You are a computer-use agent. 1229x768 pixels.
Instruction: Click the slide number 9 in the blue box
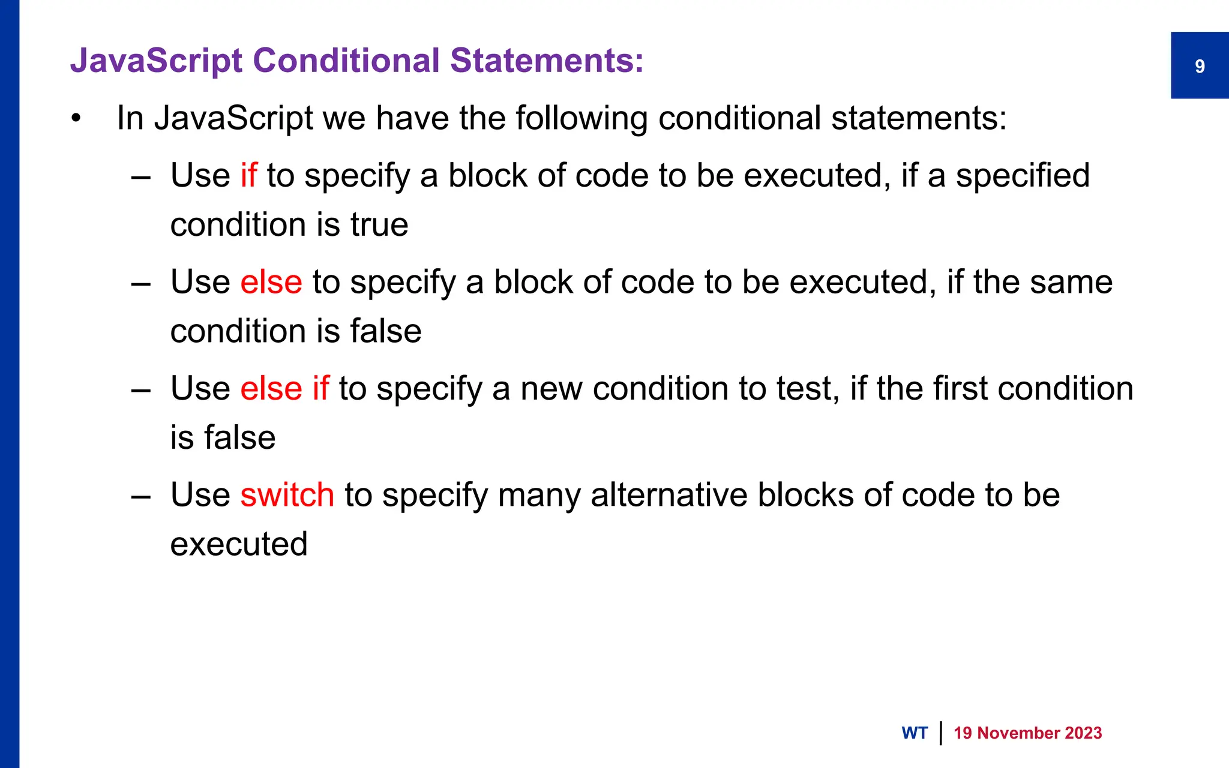click(1200, 66)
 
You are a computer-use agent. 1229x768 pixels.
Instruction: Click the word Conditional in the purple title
click(346, 61)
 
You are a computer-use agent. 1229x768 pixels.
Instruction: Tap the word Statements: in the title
click(547, 61)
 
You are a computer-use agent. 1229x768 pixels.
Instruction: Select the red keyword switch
click(287, 495)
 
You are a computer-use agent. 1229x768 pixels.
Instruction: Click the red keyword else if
click(284, 388)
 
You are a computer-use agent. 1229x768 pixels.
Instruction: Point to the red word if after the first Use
click(248, 175)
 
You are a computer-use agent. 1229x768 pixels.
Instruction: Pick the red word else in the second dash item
click(271, 282)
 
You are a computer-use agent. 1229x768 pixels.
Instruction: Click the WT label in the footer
click(914, 733)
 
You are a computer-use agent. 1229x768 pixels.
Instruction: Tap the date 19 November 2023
click(1027, 733)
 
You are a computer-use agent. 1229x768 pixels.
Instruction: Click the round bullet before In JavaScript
click(76, 118)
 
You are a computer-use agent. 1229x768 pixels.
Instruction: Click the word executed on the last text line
click(239, 544)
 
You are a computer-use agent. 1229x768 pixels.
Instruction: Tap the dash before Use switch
click(141, 496)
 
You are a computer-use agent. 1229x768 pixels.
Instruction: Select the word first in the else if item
click(960, 388)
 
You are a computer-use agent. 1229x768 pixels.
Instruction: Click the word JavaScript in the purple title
click(156, 61)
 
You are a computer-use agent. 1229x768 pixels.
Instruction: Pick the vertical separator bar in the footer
click(940, 733)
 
